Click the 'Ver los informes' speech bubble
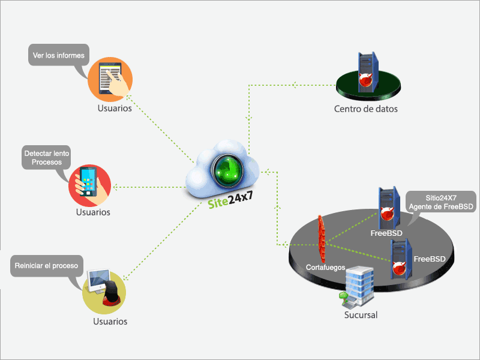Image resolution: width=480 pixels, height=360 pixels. click(x=58, y=55)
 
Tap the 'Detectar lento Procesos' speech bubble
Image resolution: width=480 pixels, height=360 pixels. click(x=46, y=158)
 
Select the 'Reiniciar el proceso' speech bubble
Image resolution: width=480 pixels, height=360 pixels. click(x=46, y=265)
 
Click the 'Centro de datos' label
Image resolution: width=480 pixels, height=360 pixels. click(x=365, y=109)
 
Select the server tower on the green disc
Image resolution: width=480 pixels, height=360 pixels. click(x=367, y=71)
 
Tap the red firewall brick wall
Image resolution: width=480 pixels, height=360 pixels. click(x=322, y=235)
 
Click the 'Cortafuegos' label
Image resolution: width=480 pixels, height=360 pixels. click(x=325, y=266)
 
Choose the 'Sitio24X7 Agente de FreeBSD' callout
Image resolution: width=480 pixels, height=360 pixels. click(x=441, y=201)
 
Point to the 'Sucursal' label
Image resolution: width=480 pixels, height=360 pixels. click(x=361, y=315)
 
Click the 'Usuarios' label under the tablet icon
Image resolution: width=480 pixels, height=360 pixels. click(x=115, y=109)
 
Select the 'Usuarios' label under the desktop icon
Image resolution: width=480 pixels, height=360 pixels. click(x=110, y=322)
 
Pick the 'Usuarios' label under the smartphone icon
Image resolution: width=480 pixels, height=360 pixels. click(x=93, y=212)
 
